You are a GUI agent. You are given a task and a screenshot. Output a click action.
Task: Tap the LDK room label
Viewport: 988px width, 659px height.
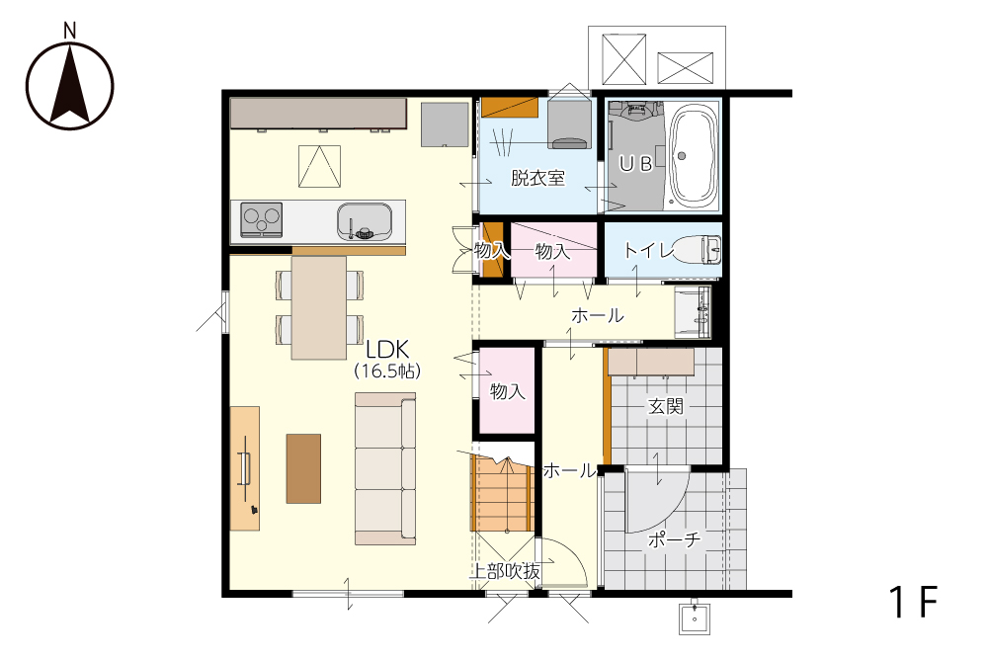pyautogui.click(x=387, y=349)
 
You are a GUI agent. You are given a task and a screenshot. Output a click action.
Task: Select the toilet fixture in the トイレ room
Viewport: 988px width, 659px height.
pyautogui.click(x=699, y=250)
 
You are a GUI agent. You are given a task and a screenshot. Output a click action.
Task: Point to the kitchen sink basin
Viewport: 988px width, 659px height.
pyautogui.click(x=365, y=220)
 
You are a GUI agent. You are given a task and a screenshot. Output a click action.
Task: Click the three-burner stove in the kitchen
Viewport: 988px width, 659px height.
pyautogui.click(x=261, y=220)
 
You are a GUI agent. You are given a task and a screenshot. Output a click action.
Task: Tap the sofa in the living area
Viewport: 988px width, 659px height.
pyautogui.click(x=385, y=468)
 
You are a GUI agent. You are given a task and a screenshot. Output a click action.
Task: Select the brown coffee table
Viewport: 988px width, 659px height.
pyautogui.click(x=303, y=468)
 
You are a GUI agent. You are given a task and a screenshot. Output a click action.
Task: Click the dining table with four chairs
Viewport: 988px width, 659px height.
pyautogui.click(x=319, y=307)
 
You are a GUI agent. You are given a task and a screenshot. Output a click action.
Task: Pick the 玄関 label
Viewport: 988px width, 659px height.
pyautogui.click(x=666, y=406)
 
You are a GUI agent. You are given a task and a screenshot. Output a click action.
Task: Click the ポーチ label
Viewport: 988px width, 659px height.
pyautogui.click(x=674, y=539)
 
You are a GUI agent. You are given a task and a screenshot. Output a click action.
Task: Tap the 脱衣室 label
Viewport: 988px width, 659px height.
pyautogui.click(x=537, y=178)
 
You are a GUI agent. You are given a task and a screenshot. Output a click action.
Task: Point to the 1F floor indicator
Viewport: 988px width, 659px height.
pyautogui.click(x=913, y=602)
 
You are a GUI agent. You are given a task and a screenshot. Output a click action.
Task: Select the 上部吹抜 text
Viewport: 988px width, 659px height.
pyautogui.click(x=505, y=571)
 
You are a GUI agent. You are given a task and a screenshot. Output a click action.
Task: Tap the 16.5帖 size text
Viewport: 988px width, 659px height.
pyautogui.click(x=387, y=371)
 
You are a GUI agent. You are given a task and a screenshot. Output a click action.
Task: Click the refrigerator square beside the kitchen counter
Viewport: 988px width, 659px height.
pyautogui.click(x=445, y=124)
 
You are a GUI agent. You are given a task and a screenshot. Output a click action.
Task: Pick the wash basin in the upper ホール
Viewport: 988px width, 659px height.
pyautogui.click(x=693, y=312)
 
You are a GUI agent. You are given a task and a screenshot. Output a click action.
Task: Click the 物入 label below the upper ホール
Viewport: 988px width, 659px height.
pyautogui.click(x=507, y=391)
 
